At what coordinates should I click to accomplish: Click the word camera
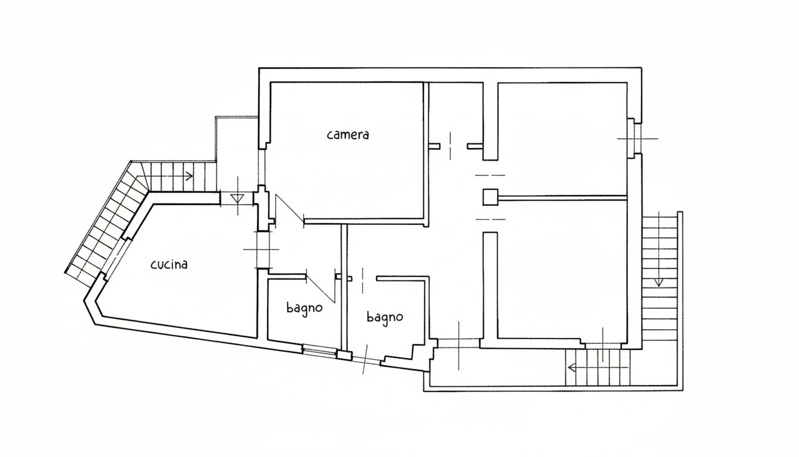click(x=348, y=134)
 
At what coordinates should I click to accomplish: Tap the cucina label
click(x=169, y=265)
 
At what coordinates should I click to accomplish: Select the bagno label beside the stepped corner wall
click(x=385, y=317)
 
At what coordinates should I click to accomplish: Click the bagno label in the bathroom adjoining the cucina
click(x=304, y=308)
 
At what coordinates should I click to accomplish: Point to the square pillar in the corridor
click(x=490, y=197)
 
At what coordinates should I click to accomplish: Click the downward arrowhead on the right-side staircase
click(x=659, y=281)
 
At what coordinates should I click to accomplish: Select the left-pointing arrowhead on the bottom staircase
click(x=572, y=367)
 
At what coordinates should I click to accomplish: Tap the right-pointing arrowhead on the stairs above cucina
click(x=190, y=176)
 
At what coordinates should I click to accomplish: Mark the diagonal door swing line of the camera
click(x=290, y=208)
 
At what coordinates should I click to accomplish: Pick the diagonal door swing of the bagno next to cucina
click(x=320, y=289)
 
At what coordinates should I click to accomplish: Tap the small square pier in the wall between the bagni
click(x=344, y=355)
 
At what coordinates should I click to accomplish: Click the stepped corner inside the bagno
click(x=414, y=350)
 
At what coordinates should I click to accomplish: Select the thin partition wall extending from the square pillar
click(x=562, y=197)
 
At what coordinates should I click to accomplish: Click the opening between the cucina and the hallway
click(x=265, y=249)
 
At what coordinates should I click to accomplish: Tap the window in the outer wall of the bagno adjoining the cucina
click(x=320, y=350)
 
